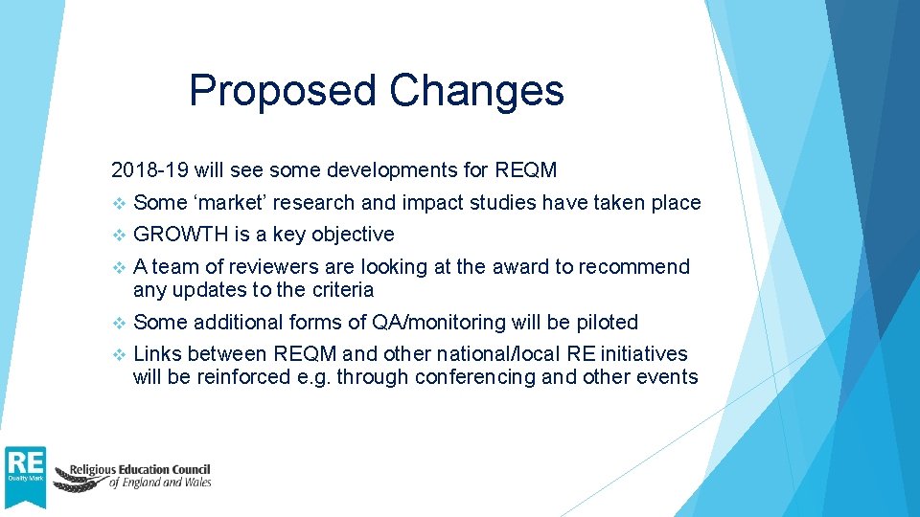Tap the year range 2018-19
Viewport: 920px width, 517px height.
pyautogui.click(x=149, y=171)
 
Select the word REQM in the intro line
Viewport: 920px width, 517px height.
pyautogui.click(x=525, y=171)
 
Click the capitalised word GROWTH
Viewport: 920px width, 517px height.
pyautogui.click(x=180, y=235)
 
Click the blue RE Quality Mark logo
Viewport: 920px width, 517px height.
pyautogui.click(x=25, y=476)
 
